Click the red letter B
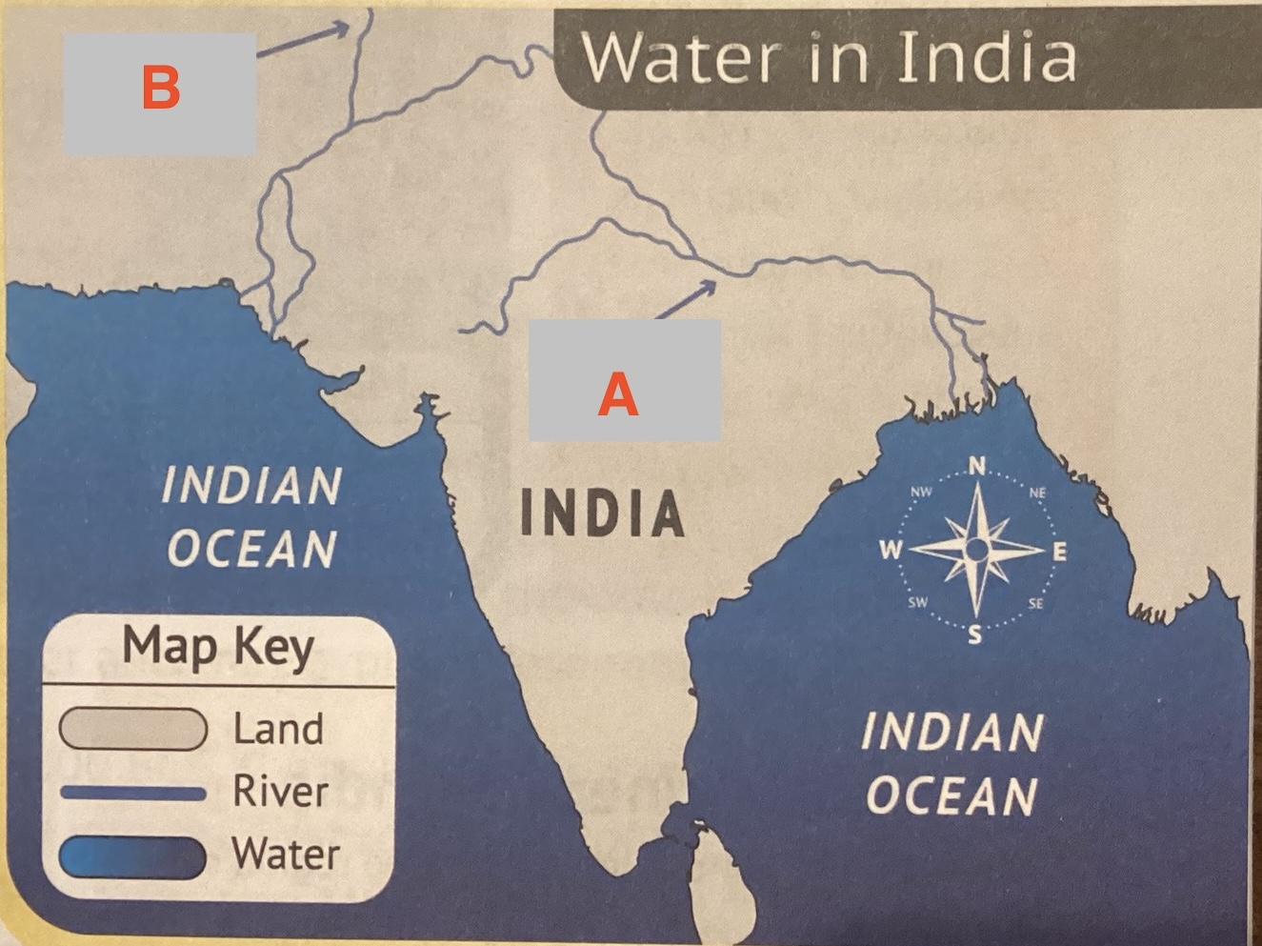coord(160,88)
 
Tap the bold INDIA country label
coord(603,513)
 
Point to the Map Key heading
coord(218,647)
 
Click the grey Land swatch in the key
coord(133,730)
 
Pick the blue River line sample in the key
coord(133,793)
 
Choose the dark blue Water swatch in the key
coord(133,855)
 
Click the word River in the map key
coord(281,792)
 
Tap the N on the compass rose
coord(977,466)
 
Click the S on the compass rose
coord(974,635)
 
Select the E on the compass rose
coord(1060,552)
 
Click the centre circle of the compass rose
coord(976,550)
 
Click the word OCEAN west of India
coord(252,549)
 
